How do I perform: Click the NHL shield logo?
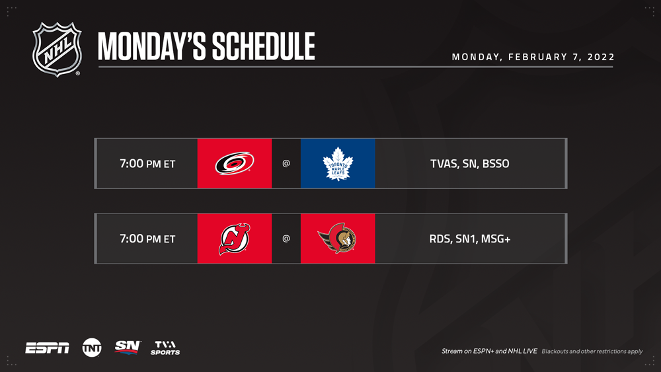58,50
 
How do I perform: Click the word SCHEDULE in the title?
264,46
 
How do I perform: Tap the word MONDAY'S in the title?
152,46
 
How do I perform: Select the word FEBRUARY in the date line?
538,57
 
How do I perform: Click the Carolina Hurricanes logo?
235,163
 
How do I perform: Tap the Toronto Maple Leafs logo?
338,163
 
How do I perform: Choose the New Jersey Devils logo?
235,239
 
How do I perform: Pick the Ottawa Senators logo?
337,239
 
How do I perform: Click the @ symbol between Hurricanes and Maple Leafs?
286,163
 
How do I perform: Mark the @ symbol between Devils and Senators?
286,239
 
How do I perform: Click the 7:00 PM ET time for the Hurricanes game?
147,163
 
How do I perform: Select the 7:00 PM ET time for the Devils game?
147,239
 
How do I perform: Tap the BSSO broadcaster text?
496,163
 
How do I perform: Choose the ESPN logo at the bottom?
47,348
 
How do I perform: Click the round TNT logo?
92,348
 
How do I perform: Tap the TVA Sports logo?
165,348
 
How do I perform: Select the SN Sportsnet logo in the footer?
128,348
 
